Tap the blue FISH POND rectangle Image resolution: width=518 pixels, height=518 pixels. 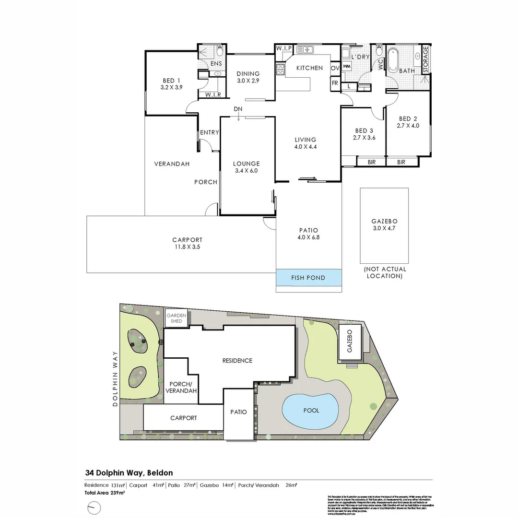click(x=308, y=278)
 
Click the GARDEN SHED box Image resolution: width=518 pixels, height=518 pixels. click(x=176, y=318)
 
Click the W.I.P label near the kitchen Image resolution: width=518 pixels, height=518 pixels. click(x=283, y=49)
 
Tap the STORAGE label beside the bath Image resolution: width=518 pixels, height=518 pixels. click(x=425, y=60)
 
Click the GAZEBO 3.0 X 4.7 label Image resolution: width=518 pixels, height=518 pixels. click(x=384, y=225)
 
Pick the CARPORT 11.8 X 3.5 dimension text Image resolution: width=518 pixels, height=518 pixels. click(x=187, y=243)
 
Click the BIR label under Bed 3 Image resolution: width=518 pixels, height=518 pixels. click(x=372, y=163)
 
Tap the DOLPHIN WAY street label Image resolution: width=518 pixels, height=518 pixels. click(x=116, y=379)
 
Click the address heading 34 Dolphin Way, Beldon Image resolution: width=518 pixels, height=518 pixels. click(x=129, y=473)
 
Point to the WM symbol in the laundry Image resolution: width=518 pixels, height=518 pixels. click(x=347, y=66)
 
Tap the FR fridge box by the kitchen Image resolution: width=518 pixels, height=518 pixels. click(x=334, y=82)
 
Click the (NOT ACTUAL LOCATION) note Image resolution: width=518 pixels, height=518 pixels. click(x=384, y=272)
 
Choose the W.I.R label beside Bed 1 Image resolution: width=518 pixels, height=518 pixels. click(x=213, y=95)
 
